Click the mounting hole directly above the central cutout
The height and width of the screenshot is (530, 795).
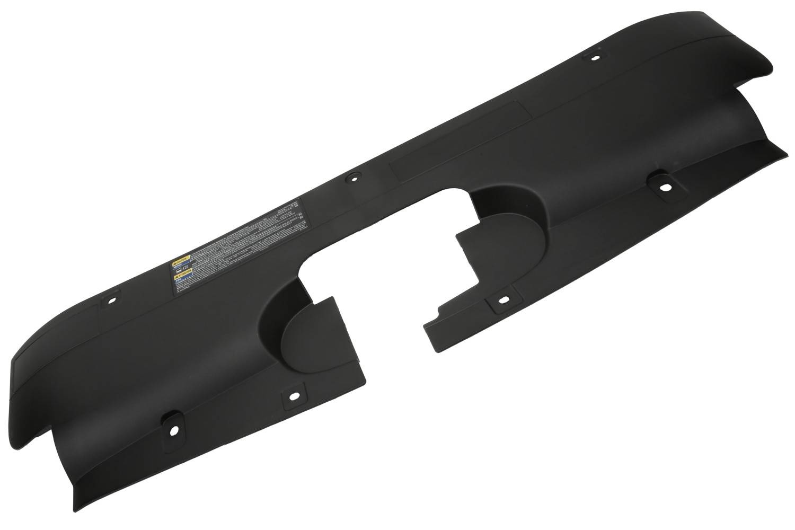350,180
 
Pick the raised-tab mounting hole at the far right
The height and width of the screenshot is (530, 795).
662,186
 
